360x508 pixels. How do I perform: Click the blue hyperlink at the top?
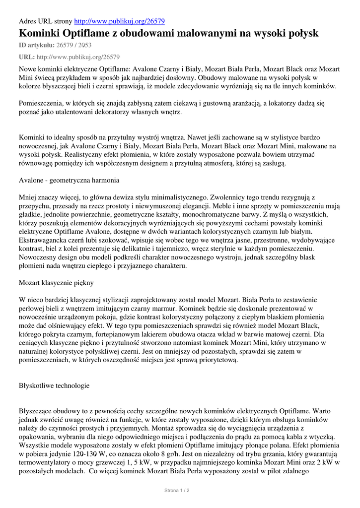click(119, 21)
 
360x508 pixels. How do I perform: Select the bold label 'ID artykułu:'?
click(37, 46)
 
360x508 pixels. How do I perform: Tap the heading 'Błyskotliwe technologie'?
click(54, 385)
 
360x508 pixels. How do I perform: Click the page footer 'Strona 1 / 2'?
click(177, 490)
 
